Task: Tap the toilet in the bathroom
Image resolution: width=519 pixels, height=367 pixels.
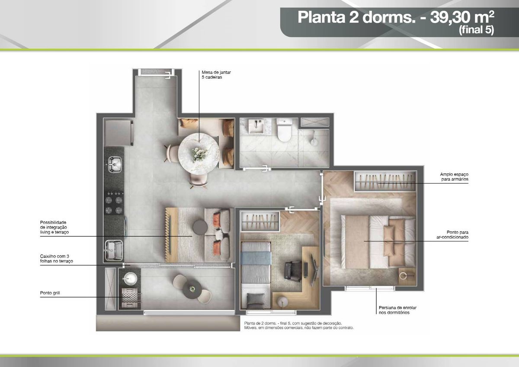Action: pos(285,130)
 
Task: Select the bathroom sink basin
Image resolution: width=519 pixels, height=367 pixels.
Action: pos(256,126)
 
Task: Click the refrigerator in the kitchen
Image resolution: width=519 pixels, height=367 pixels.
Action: pos(119,132)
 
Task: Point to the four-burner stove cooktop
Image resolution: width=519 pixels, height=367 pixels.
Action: pos(114,202)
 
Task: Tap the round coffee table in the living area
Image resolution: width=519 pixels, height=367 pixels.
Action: pos(200,227)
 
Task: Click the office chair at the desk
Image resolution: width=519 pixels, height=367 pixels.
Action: pos(293,271)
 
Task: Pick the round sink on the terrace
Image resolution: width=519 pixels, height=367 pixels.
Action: pos(130,278)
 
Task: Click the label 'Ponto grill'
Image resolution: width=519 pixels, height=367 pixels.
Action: pos(50,293)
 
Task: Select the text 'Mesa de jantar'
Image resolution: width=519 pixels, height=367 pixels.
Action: pos(216,72)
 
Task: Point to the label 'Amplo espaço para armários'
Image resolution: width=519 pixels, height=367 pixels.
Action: pos(454,177)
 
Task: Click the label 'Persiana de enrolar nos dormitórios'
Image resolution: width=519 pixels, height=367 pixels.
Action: pos(397,310)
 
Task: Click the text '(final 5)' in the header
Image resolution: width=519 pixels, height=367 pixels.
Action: pos(476,30)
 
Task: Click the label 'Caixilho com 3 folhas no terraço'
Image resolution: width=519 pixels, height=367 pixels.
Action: pos(57,258)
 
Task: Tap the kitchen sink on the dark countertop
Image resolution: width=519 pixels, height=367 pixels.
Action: pos(115,164)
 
